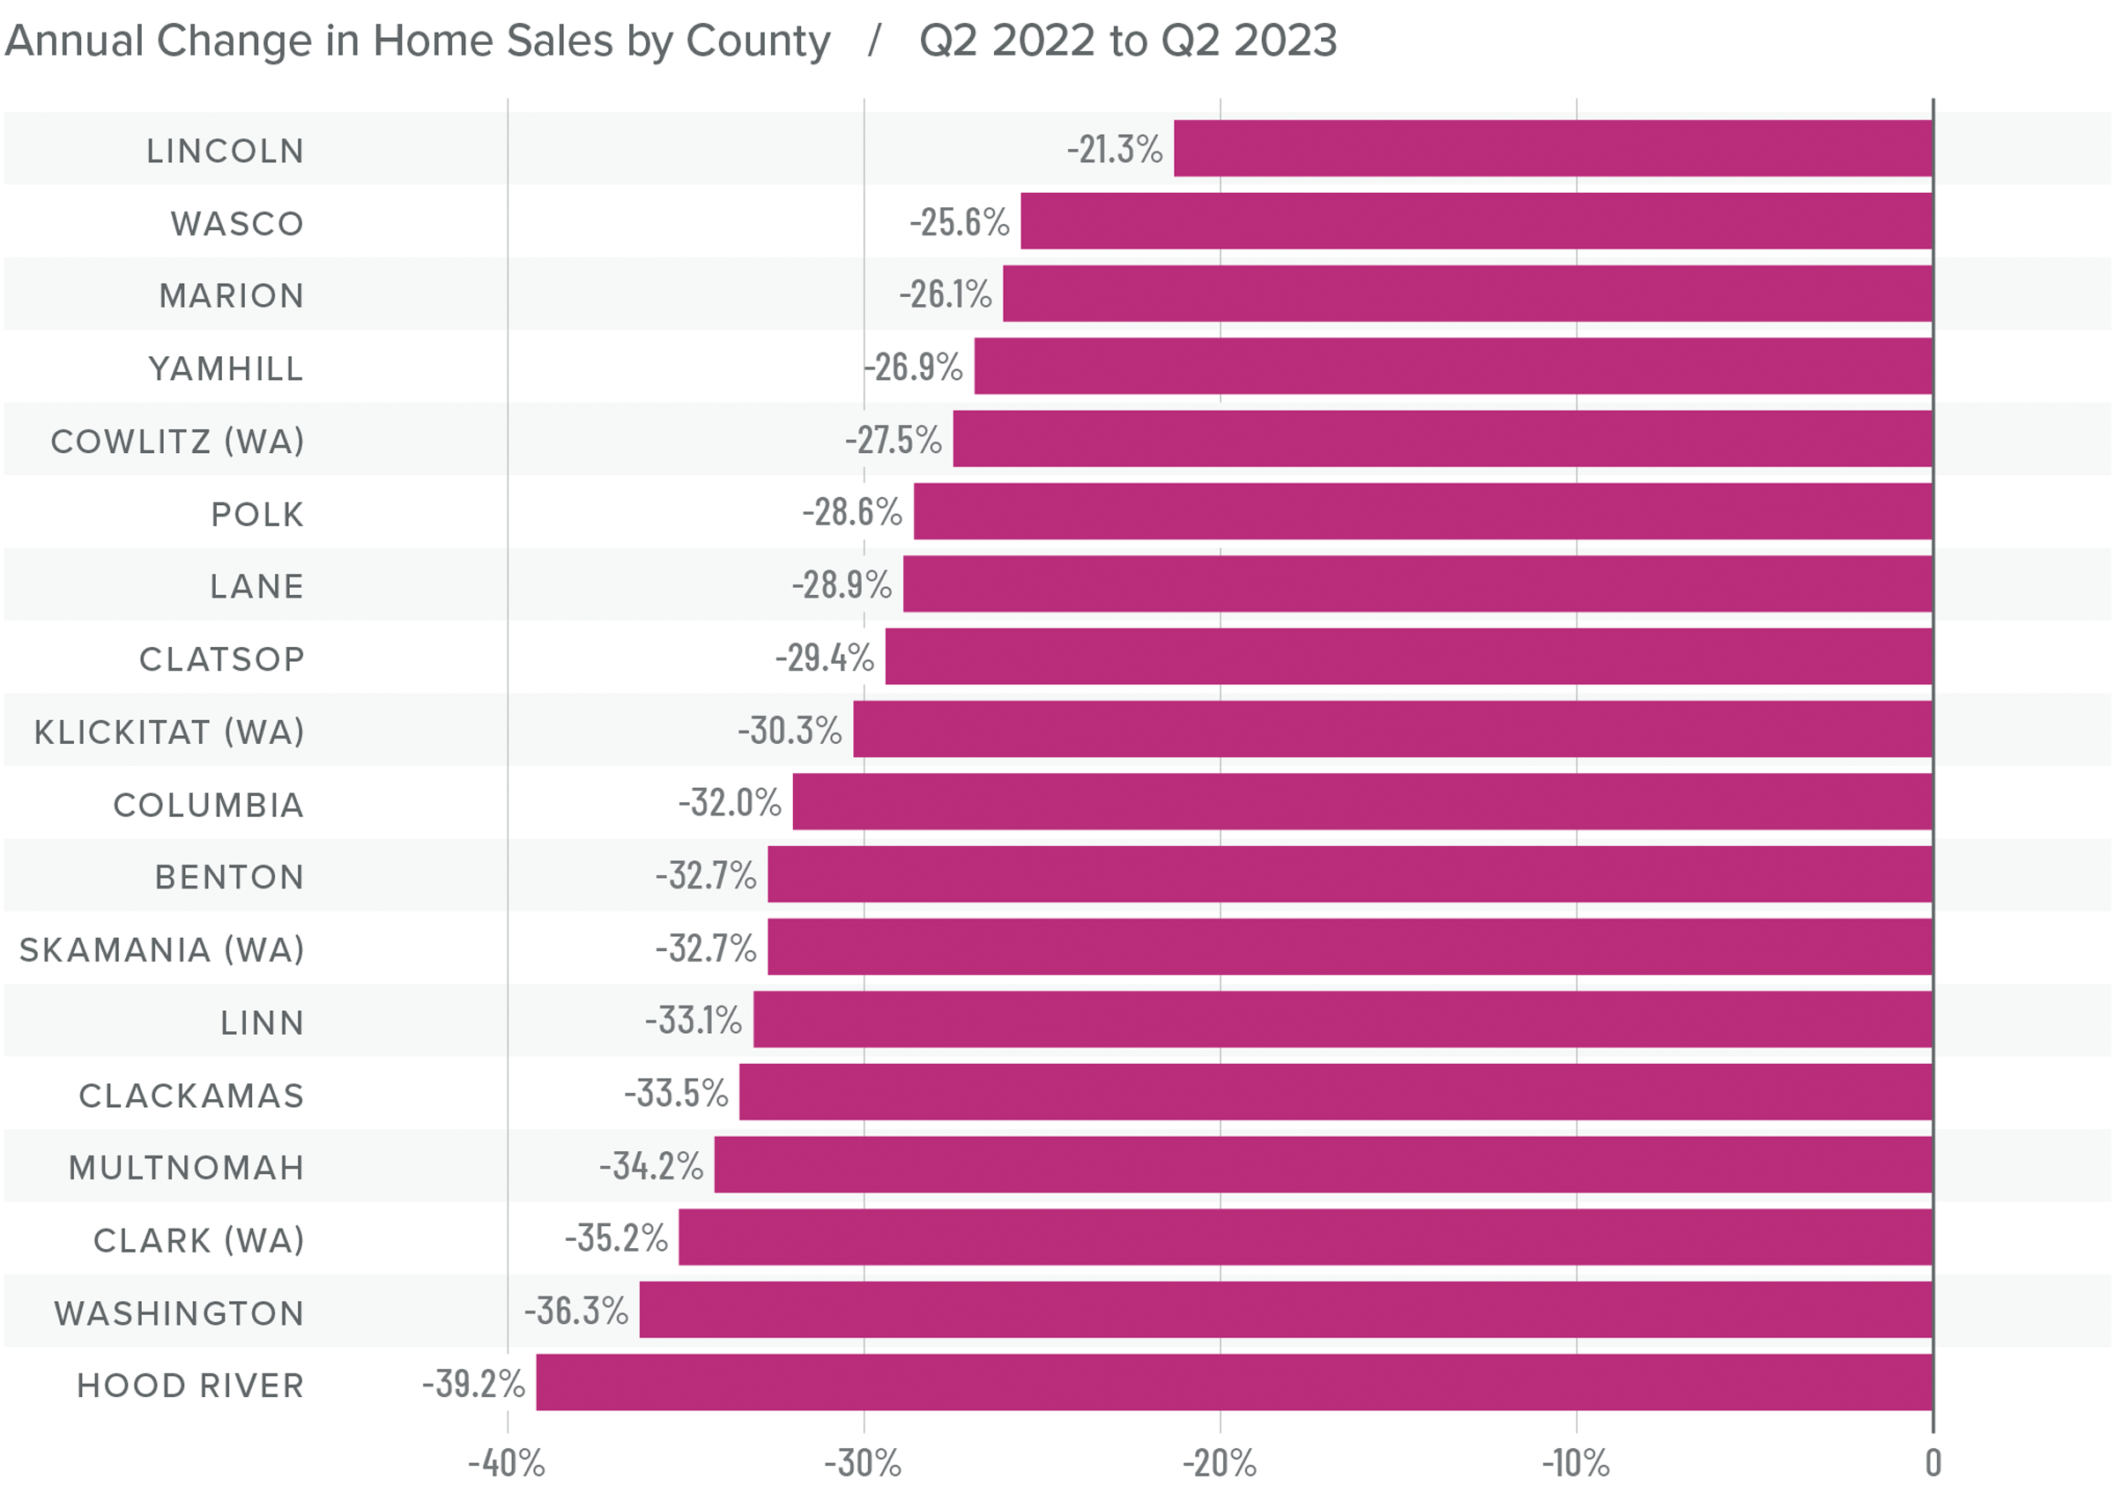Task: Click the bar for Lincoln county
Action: tap(1552, 148)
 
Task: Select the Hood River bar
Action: tap(1235, 1383)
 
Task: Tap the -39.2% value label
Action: tap(473, 1384)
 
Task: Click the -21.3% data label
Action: tap(1115, 149)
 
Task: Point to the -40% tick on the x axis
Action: tap(507, 1462)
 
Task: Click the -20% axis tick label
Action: tap(1220, 1462)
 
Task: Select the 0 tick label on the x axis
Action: tap(1933, 1462)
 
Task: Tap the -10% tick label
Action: tap(1577, 1462)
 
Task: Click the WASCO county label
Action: tap(237, 224)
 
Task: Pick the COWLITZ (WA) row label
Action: tap(177, 442)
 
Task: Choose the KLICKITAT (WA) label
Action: tap(168, 732)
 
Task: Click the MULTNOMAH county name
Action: tap(186, 1168)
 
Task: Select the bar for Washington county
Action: tap(1285, 1310)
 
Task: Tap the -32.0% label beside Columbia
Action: tap(730, 802)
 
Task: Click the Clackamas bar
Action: tap(1336, 1092)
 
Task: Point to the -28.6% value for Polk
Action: tap(852, 512)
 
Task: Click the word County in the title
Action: tap(757, 41)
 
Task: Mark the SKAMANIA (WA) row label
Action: tap(161, 949)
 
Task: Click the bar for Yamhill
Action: tap(1452, 367)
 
